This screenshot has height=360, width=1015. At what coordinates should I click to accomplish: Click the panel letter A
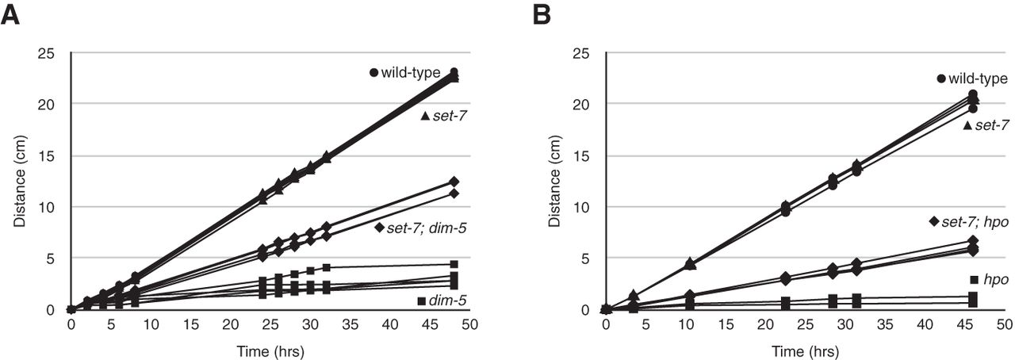click(x=11, y=14)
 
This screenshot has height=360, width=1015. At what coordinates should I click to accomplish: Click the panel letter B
click(x=543, y=14)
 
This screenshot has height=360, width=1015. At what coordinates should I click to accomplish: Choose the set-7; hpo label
click(x=975, y=221)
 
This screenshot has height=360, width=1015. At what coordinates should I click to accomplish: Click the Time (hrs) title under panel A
click(x=270, y=350)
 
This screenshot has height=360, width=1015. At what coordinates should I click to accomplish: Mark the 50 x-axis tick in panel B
click(x=1004, y=325)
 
